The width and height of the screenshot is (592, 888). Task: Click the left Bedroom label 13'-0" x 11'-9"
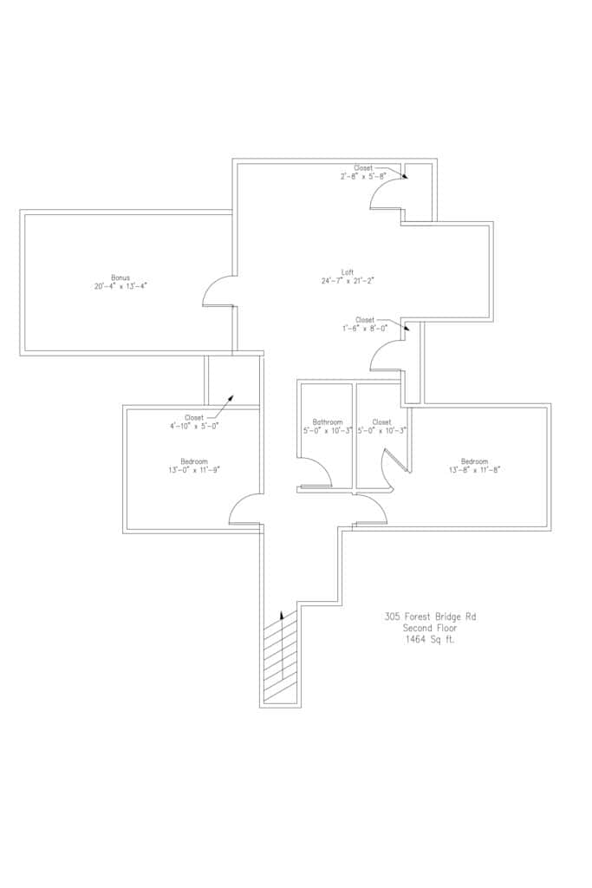click(194, 466)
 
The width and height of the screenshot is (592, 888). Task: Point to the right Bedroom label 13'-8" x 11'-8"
click(474, 466)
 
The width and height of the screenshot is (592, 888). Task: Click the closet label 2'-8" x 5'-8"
click(363, 172)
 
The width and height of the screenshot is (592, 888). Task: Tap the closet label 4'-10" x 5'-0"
click(194, 421)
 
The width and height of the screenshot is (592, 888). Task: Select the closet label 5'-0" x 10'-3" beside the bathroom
click(381, 427)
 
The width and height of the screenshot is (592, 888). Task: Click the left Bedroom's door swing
click(245, 509)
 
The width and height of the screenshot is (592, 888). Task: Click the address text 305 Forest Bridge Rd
click(430, 617)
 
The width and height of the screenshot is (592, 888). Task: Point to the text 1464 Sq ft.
click(430, 640)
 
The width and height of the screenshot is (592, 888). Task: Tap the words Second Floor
click(430, 628)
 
